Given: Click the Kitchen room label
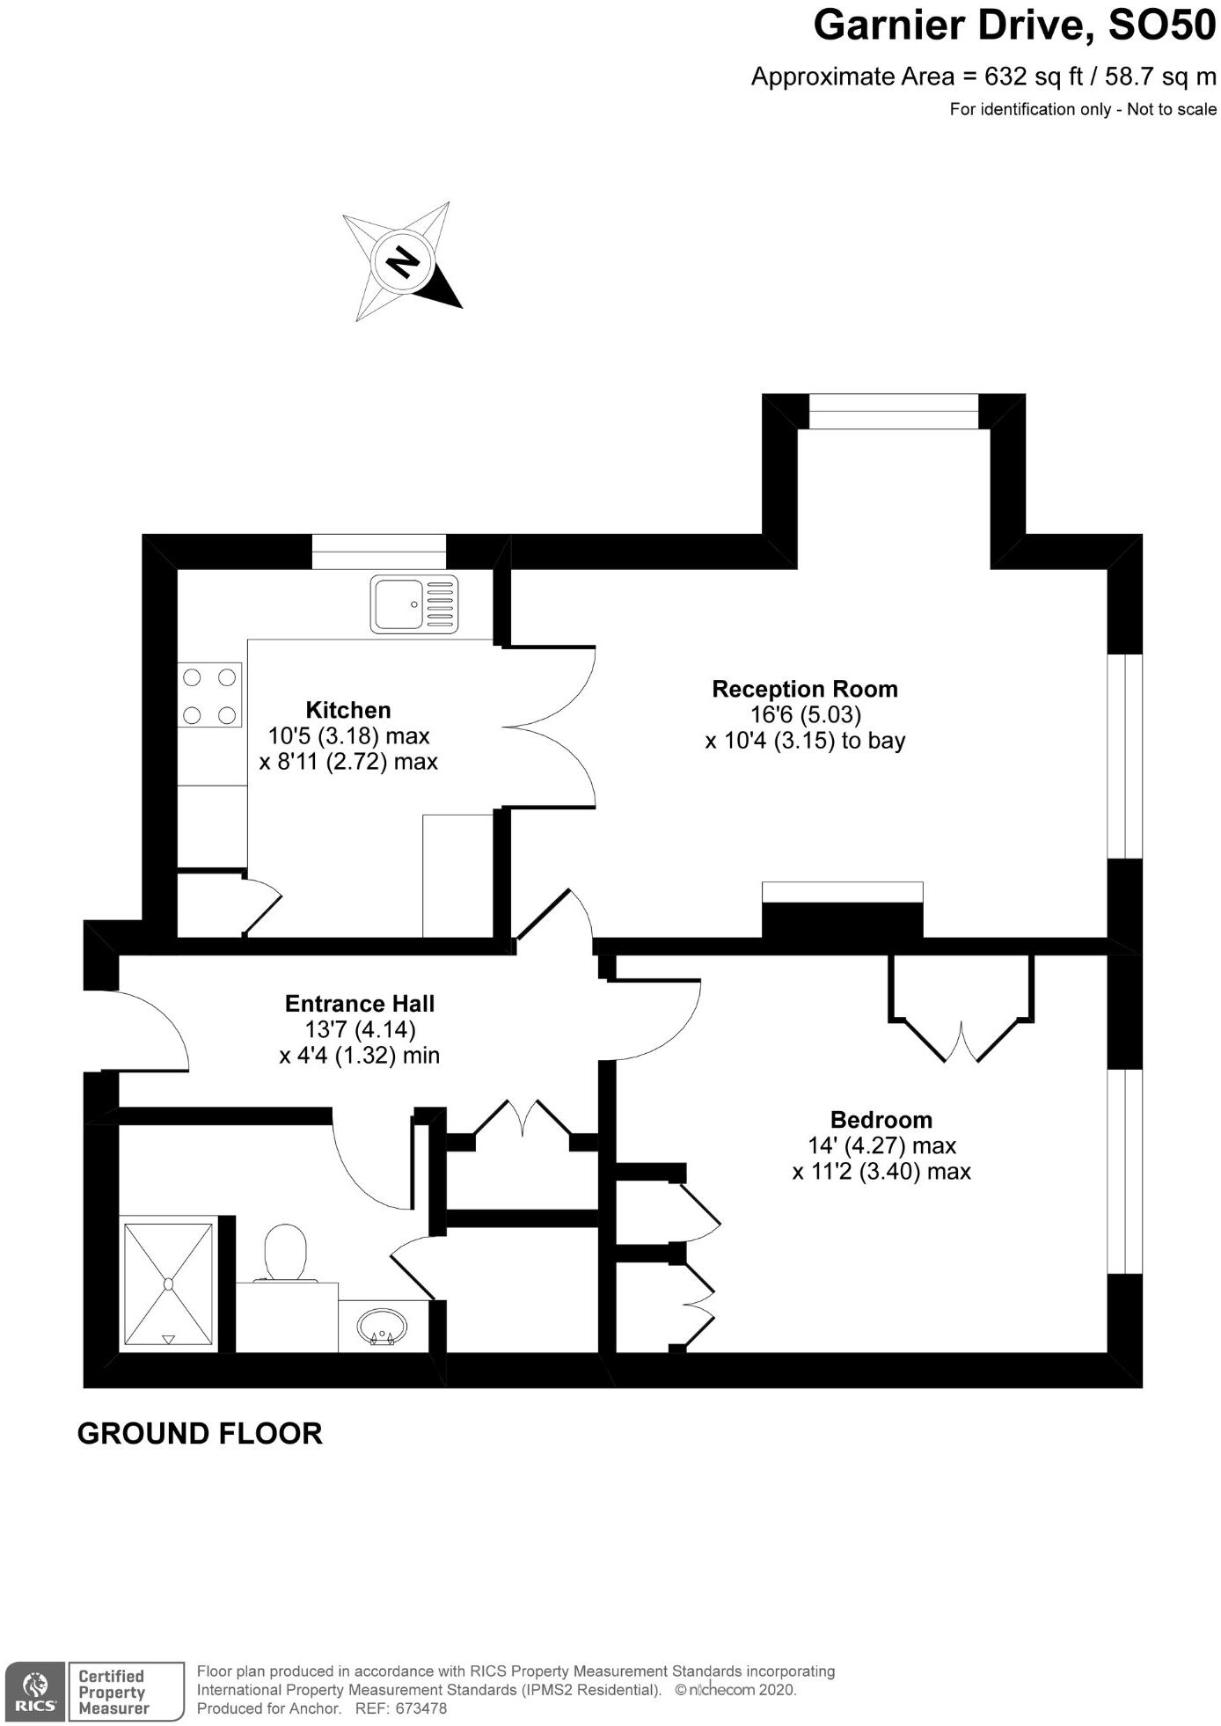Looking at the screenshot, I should click(348, 710).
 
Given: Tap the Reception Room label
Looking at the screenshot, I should click(805, 689).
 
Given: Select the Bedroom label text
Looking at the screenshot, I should click(881, 1120).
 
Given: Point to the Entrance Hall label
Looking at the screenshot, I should click(360, 1004).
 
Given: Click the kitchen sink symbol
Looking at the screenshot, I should click(414, 603).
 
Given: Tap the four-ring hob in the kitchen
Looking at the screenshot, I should click(210, 695).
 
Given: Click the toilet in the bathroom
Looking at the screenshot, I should click(285, 1253).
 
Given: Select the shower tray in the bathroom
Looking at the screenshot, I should click(168, 1284).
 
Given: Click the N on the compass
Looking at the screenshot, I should click(403, 261).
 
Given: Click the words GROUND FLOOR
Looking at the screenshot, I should click(200, 1433).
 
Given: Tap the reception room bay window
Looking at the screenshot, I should click(893, 412).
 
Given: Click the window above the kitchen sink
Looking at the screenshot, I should click(379, 552).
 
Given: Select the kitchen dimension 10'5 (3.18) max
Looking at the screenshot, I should click(348, 735).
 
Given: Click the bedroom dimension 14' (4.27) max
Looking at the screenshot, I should click(881, 1145).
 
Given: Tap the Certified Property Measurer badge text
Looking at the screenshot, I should click(113, 1692).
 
